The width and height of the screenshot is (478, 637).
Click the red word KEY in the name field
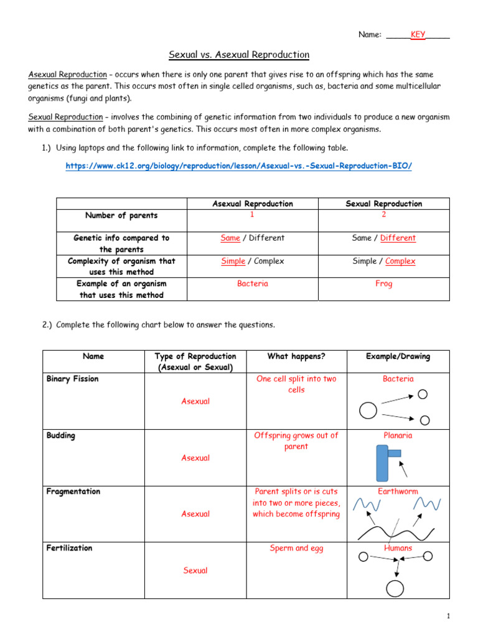click(x=418, y=35)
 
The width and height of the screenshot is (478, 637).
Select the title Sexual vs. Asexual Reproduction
click(x=239, y=55)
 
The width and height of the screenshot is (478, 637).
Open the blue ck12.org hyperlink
click(x=239, y=165)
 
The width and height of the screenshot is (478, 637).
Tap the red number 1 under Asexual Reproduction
click(x=252, y=215)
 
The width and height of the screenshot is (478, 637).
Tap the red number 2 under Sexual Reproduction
click(x=383, y=215)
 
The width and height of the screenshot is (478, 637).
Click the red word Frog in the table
click(x=383, y=284)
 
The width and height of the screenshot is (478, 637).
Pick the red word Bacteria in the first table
click(x=252, y=284)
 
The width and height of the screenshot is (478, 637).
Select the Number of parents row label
click(x=121, y=216)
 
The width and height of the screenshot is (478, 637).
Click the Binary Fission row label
click(x=72, y=379)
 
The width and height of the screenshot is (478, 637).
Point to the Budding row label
click(x=61, y=435)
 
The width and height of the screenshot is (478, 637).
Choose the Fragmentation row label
click(x=73, y=491)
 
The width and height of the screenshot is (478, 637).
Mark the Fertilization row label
click(x=70, y=548)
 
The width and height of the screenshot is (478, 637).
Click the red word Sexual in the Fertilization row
click(x=195, y=570)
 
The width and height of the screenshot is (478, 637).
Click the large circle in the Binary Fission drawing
click(x=368, y=411)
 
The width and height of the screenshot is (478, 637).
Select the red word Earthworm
click(x=398, y=491)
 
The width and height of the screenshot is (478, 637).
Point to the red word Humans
click(x=398, y=548)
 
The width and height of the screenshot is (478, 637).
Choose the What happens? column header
click(x=296, y=356)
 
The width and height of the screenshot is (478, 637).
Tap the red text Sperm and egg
click(x=296, y=548)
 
